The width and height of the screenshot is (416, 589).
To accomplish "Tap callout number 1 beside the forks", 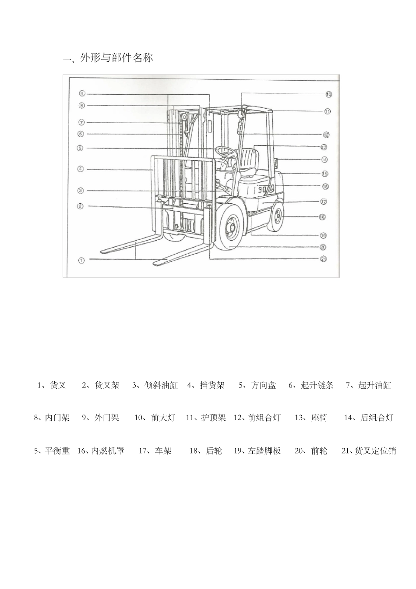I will click(x=81, y=260).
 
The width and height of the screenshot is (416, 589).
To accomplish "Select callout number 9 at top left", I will click(x=82, y=93).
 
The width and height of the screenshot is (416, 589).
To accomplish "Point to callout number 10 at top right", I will click(x=328, y=94).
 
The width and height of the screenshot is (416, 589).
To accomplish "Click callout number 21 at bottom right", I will click(x=324, y=259).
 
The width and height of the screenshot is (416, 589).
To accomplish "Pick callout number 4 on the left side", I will click(x=81, y=169).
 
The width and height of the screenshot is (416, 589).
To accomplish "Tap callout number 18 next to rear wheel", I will click(x=322, y=217).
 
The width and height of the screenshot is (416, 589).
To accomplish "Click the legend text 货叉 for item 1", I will click(x=58, y=385).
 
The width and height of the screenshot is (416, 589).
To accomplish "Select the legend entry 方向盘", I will click(x=263, y=385).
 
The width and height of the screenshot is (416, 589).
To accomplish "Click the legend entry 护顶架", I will click(x=213, y=418).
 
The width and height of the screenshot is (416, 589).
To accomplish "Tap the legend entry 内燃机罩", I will click(x=108, y=451).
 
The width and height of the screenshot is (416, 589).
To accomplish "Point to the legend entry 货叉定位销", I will click(x=375, y=451).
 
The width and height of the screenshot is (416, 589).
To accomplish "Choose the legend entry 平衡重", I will click(x=57, y=451).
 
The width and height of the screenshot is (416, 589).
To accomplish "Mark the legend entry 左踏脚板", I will click(x=264, y=451).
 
